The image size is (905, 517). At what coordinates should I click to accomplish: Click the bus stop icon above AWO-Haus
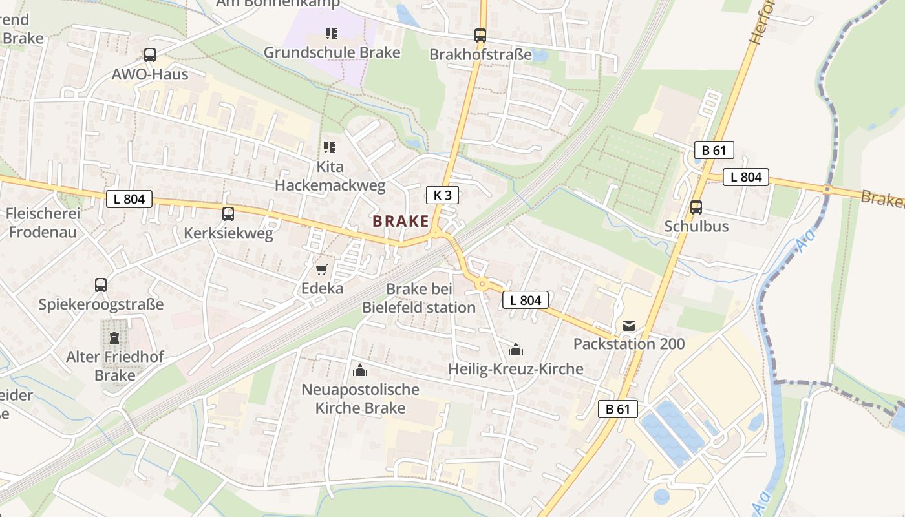(150, 55)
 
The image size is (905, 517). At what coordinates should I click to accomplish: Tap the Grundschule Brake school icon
(332, 33)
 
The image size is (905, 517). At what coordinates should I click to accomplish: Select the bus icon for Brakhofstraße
(480, 35)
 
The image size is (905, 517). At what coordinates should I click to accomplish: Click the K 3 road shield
(442, 195)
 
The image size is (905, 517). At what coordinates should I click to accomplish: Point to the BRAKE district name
(401, 221)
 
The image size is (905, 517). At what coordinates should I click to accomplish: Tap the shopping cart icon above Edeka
(322, 269)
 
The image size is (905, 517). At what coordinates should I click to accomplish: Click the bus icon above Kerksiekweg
(228, 213)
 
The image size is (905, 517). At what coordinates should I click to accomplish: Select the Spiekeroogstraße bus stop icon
(101, 284)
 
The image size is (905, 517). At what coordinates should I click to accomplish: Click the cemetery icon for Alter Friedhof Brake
(114, 337)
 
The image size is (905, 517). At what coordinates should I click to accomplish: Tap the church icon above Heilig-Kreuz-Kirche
(516, 350)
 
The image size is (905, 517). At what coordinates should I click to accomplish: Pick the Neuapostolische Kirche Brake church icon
(360, 370)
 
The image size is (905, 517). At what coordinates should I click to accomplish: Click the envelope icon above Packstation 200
(629, 325)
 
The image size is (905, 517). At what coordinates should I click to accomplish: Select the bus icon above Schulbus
(696, 207)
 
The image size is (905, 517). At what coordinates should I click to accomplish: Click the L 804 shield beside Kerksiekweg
(129, 199)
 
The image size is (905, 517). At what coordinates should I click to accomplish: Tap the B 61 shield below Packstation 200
(618, 408)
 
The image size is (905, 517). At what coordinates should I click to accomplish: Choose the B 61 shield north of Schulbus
(714, 151)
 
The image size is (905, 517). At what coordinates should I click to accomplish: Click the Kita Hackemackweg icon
(330, 147)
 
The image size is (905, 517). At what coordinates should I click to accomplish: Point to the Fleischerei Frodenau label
(43, 222)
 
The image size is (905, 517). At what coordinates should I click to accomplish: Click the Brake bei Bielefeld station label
(419, 298)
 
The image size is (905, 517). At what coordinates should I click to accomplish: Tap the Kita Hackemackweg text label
(330, 176)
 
